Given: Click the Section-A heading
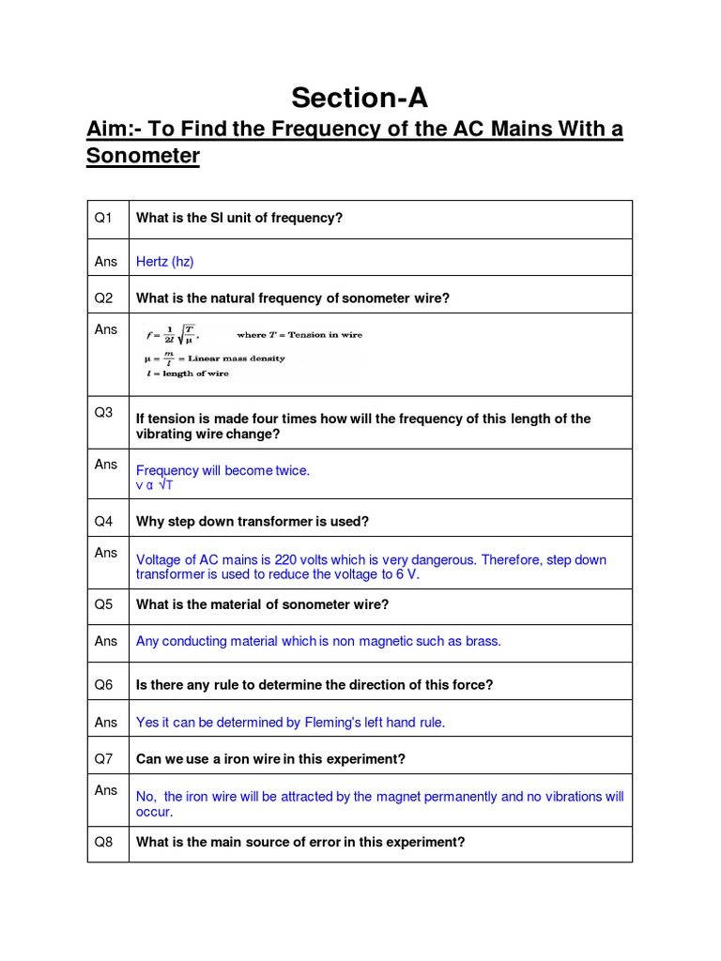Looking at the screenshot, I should pyautogui.click(x=359, y=98).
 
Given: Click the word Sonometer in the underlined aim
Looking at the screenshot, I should pyautogui.click(x=143, y=156).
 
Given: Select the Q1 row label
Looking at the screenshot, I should pyautogui.click(x=103, y=218).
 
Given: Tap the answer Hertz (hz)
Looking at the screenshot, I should pyautogui.click(x=164, y=262).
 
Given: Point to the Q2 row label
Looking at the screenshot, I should pyautogui.click(x=103, y=298).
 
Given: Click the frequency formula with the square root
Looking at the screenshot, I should pyautogui.click(x=171, y=334).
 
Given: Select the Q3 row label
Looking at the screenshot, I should pyautogui.click(x=103, y=412).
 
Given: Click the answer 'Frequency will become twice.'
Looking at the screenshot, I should pyautogui.click(x=222, y=470).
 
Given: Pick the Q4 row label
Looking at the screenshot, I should pyautogui.click(x=103, y=521).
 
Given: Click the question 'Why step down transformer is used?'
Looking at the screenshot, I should pyautogui.click(x=253, y=521).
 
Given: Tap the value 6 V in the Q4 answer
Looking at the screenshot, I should pyautogui.click(x=407, y=574).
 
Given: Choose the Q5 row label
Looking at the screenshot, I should pyautogui.click(x=103, y=604).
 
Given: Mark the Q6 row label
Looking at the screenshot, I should pyautogui.click(x=103, y=685).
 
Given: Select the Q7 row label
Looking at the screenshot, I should pyautogui.click(x=103, y=758).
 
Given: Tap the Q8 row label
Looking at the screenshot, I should pyautogui.click(x=103, y=842).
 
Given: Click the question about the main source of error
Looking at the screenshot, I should pyautogui.click(x=300, y=842).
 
